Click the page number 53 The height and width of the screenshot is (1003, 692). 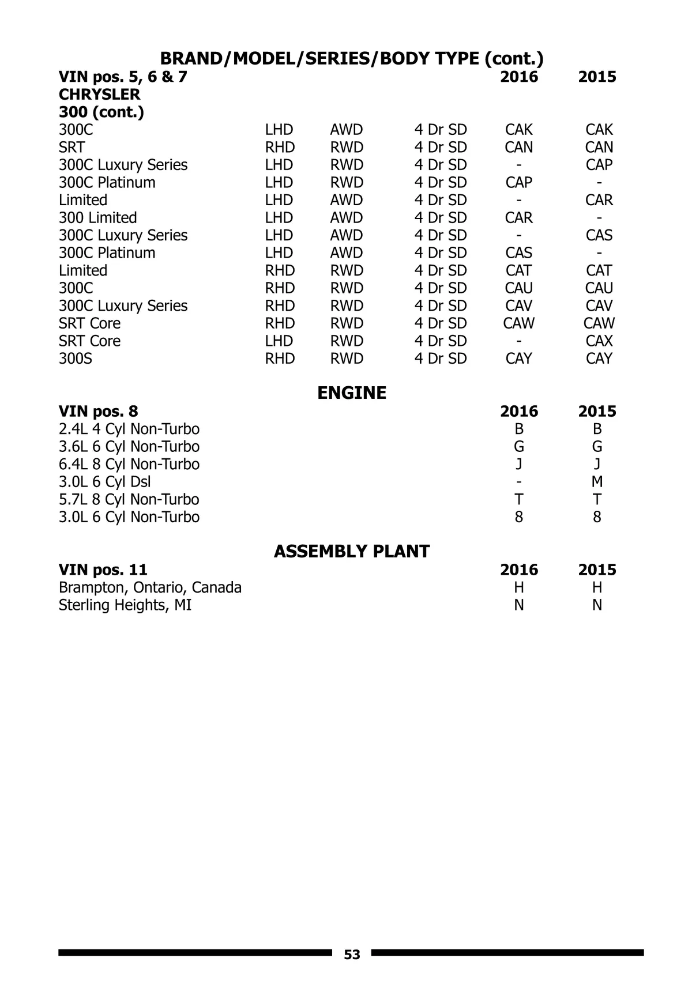click(x=352, y=955)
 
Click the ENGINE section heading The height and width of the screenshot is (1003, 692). click(x=352, y=393)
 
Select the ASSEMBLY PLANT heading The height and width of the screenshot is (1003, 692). click(x=352, y=552)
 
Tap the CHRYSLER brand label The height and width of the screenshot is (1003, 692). click(x=99, y=95)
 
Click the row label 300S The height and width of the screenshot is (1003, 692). click(x=76, y=359)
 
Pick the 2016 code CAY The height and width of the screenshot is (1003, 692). click(x=518, y=359)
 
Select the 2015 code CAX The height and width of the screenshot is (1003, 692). click(x=599, y=341)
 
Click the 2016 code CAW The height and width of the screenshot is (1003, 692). click(x=518, y=323)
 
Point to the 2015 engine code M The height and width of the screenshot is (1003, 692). click(x=597, y=482)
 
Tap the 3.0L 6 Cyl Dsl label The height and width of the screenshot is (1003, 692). click(x=104, y=482)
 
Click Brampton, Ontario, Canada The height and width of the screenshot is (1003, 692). click(x=150, y=587)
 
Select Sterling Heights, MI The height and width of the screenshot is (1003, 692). click(x=125, y=605)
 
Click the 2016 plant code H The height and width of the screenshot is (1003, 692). click(x=519, y=587)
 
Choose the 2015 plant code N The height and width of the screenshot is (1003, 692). click(x=597, y=605)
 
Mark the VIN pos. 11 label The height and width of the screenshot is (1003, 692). click(x=103, y=570)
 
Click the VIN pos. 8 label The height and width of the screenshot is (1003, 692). click(x=98, y=412)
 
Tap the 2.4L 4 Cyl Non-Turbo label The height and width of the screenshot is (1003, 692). click(x=129, y=429)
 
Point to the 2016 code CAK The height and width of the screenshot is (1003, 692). click(x=518, y=130)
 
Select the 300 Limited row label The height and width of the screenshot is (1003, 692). click(x=97, y=218)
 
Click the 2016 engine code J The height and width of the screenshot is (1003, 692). click(x=519, y=464)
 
